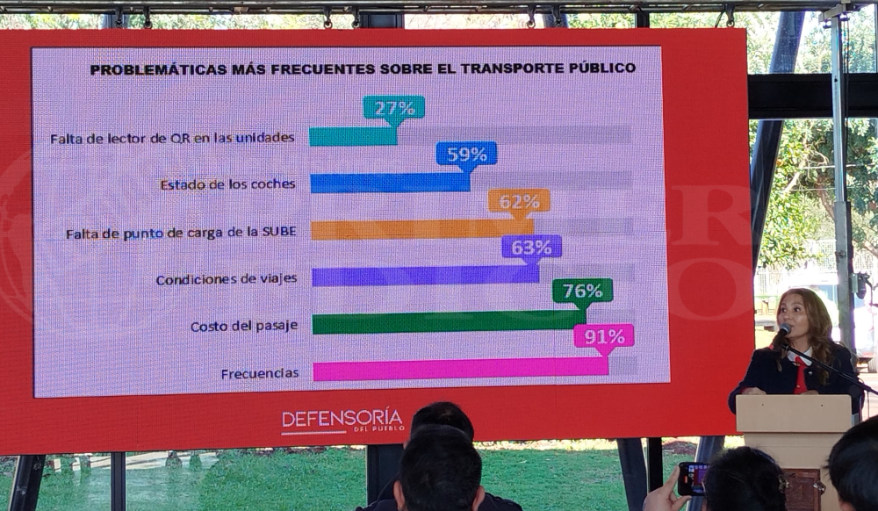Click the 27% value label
pos(394,108)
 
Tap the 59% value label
pos(466,155)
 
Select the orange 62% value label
pos(519,202)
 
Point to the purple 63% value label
pos(531,248)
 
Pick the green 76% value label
pos(582,291)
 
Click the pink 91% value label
pos(604,336)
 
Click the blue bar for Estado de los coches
pos(390,183)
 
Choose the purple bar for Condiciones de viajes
pos(425,276)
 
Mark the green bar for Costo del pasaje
pos(448,322)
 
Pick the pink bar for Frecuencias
pos(460,369)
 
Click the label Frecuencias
pos(259,373)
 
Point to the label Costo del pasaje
pos(244,326)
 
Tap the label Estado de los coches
pos(227,184)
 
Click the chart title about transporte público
pos(363,68)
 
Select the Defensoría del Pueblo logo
pos(342,421)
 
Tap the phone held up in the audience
pos(691,479)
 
